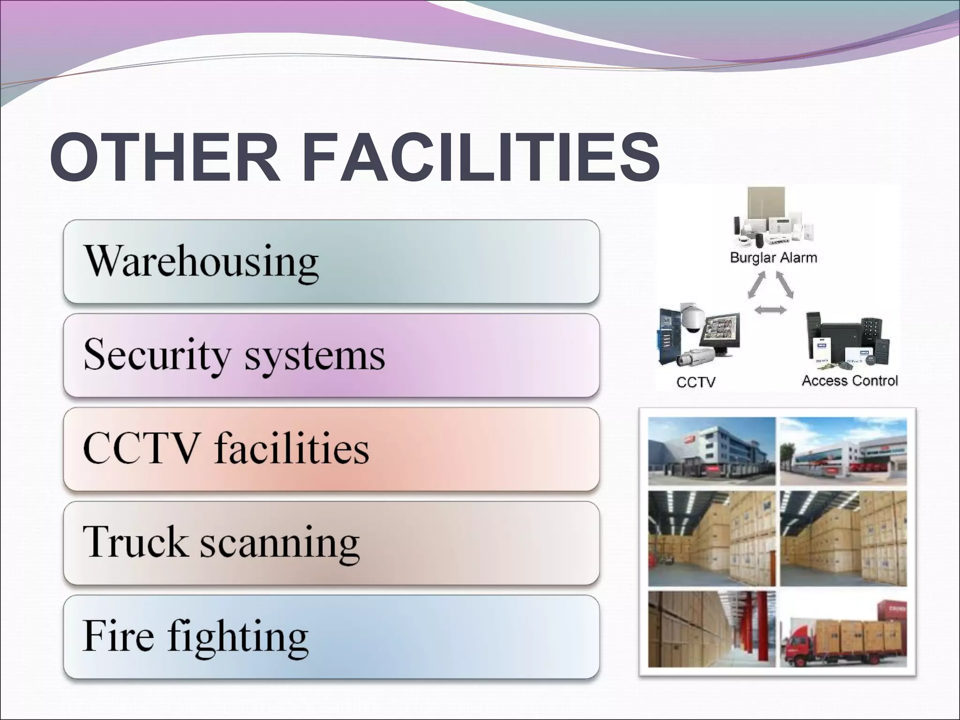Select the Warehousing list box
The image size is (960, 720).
331,262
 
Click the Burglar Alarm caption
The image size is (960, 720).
773,258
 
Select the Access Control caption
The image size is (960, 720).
849,380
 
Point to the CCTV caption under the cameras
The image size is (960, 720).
696,382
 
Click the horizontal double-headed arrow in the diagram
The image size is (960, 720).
771,309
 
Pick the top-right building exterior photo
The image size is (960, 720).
843,451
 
